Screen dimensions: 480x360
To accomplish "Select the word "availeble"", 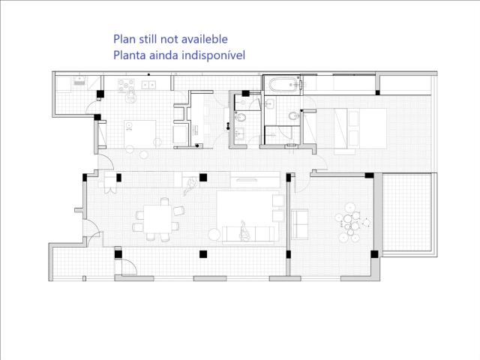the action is (x=205, y=39).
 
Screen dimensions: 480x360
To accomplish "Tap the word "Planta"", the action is (x=130, y=55).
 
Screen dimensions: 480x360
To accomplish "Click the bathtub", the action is (x=283, y=84).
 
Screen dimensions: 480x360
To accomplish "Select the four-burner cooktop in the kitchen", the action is (x=126, y=85).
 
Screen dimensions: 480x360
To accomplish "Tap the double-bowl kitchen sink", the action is (x=148, y=85).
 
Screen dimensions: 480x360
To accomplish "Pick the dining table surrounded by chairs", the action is (x=157, y=219).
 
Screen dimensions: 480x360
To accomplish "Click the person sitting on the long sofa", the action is (x=244, y=231).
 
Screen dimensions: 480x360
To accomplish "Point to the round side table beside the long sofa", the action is (x=214, y=235).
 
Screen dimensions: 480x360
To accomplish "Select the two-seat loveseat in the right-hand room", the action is (x=300, y=224).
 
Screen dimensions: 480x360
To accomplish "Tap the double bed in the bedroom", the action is (x=360, y=128).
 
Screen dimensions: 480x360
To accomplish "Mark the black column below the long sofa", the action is (x=203, y=254).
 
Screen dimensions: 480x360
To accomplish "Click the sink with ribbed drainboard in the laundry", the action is (x=79, y=81).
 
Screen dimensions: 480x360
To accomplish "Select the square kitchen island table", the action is (x=140, y=134).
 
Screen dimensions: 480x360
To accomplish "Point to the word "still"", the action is (x=148, y=39).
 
